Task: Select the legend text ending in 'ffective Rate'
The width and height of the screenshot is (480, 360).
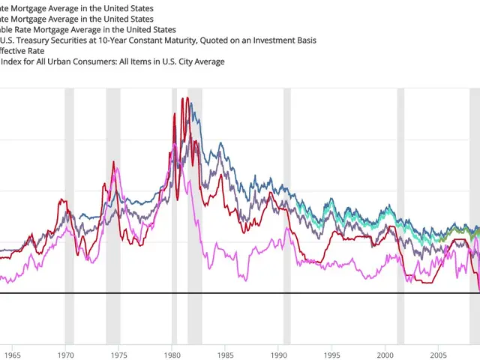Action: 22,50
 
